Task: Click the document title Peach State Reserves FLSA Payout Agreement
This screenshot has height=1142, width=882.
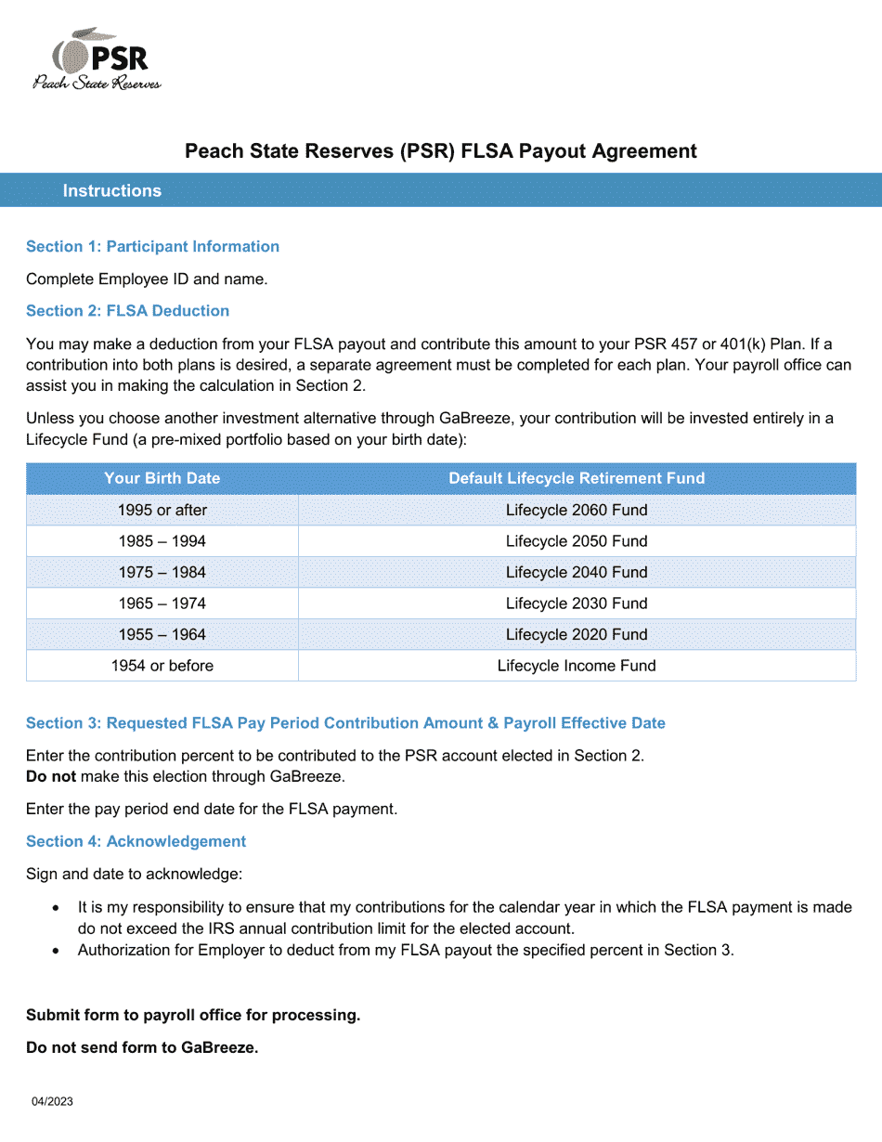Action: pos(440,151)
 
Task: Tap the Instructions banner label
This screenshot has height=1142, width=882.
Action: pos(112,191)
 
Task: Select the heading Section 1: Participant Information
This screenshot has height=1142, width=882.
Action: pos(152,247)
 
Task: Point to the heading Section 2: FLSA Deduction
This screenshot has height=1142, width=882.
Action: pos(127,311)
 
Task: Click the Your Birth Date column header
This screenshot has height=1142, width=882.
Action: pos(162,479)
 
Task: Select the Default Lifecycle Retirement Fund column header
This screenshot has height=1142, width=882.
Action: pos(577,479)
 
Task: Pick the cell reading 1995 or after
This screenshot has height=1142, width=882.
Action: pos(162,511)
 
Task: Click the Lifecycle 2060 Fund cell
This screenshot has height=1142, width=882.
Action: pos(577,511)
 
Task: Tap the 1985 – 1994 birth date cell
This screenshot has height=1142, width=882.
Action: pos(162,541)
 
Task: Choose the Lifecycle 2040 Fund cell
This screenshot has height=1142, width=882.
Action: pos(577,573)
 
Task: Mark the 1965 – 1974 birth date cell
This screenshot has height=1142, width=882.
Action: pos(162,603)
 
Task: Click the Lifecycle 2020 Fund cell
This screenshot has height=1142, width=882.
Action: pos(577,635)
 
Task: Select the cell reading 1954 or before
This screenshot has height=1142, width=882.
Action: pos(162,666)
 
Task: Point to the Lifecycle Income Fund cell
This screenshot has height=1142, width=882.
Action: pos(577,666)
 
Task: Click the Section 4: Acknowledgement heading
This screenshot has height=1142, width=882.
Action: pos(136,842)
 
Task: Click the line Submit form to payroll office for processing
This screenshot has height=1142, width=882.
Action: pos(193,1016)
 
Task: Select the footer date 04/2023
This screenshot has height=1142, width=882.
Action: pos(52,1102)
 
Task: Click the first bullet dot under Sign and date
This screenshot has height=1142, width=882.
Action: pos(58,908)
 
